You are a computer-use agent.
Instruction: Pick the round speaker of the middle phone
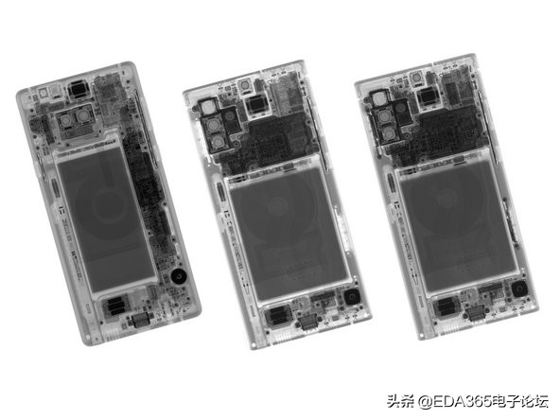coord(353,300)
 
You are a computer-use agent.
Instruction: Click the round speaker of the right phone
coord(519,291)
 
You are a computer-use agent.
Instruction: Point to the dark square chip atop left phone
coord(77,92)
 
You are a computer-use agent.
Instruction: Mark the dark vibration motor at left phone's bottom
coord(115,305)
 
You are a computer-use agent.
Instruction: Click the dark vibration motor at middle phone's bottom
coord(278,317)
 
